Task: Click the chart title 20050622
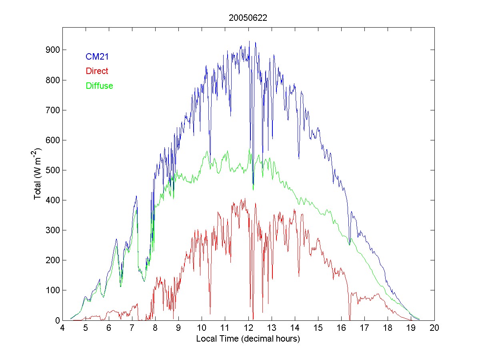(248, 18)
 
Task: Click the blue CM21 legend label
(97, 57)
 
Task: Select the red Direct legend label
(97, 71)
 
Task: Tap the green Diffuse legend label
(99, 86)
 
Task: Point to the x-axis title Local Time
(248, 339)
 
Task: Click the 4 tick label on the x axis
(62, 328)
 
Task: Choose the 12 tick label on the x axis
(248, 328)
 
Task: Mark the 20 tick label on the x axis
(434, 328)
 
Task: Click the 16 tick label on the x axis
(341, 328)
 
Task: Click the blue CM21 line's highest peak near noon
(249, 41)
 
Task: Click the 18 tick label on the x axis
(388, 328)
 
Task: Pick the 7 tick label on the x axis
(132, 328)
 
